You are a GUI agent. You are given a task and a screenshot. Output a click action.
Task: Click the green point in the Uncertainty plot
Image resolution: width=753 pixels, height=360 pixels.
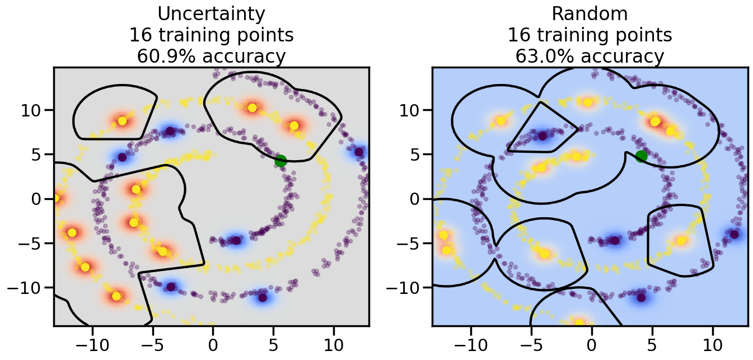coord(280,161)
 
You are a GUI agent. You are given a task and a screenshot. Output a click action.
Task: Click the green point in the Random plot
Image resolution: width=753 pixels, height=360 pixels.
coord(642,156)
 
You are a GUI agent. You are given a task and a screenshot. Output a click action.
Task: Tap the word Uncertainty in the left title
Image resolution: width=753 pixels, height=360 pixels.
coord(211,13)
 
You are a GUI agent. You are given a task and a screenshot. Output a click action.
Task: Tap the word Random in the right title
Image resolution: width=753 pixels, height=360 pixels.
coord(590,13)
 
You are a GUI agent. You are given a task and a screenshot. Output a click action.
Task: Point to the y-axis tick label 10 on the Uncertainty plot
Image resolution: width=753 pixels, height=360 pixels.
coord(32,109)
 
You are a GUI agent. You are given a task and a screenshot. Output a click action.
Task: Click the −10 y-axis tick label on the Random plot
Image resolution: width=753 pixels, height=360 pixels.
coord(404,288)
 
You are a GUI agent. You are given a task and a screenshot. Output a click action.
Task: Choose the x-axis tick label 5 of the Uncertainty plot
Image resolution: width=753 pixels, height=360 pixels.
coord(273,343)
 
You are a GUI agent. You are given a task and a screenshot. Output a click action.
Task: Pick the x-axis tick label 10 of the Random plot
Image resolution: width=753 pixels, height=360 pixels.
coord(713,343)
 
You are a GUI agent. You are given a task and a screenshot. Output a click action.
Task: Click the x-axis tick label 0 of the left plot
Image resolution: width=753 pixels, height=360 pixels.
coord(213,343)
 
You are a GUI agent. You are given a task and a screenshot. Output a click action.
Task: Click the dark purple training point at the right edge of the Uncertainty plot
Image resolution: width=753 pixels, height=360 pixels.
coord(359,152)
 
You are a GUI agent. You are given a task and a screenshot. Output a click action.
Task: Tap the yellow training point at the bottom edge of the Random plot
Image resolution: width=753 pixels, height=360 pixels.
coord(579,322)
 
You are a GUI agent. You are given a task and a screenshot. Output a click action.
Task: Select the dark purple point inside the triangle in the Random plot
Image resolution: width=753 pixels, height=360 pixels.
coord(542,135)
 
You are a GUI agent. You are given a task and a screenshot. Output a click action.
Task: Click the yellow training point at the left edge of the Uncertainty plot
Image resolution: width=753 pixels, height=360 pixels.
coord(56,198)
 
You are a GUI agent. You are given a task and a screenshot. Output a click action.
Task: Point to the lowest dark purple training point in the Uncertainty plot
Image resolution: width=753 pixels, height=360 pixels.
coord(263,297)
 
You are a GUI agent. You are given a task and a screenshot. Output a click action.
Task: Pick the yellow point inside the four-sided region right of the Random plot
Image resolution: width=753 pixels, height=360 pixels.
coord(681,241)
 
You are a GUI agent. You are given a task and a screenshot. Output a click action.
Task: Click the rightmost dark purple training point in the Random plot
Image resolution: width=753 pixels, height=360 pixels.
coord(734,234)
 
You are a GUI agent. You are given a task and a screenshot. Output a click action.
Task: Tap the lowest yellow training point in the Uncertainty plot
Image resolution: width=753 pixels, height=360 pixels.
coord(116,296)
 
